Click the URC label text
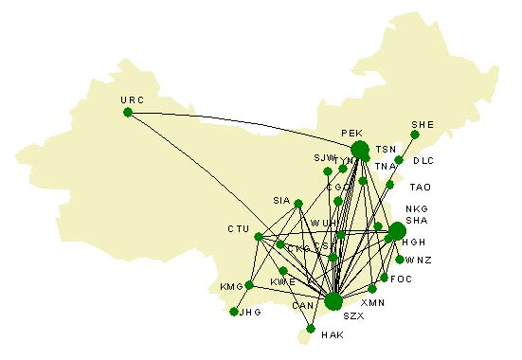[132, 99]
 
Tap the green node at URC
[128, 113]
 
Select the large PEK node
[360, 150]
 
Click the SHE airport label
[422, 123]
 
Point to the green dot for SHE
[415, 135]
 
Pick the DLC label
[423, 161]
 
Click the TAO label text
[420, 187]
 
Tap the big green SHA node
[397, 231]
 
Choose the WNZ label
[419, 260]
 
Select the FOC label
[401, 279]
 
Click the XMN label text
[373, 301]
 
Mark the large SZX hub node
[333, 301]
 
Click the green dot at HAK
[311, 329]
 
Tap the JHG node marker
[234, 311]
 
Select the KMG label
[231, 286]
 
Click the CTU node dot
[258, 237]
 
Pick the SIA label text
[281, 201]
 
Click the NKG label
[416, 208]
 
